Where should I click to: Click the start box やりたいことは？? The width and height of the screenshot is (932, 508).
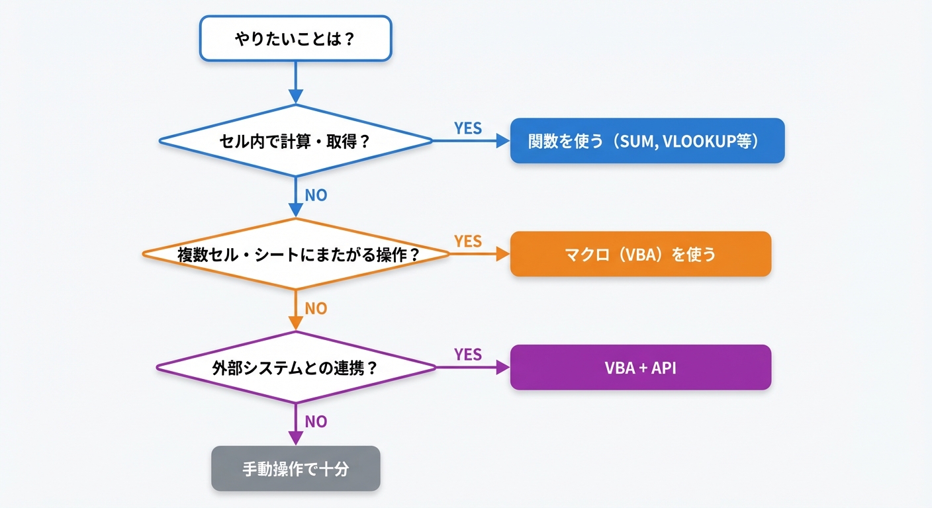[x=295, y=38]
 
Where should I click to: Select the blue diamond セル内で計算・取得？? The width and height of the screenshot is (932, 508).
[x=295, y=141]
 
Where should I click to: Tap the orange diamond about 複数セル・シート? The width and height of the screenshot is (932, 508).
[x=295, y=254]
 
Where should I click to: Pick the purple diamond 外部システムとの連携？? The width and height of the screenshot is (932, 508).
[x=295, y=367]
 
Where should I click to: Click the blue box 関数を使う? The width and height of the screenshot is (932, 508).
[x=647, y=141]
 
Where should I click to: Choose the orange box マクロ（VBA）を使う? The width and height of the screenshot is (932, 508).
[x=640, y=254]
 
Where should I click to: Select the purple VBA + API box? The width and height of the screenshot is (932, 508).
[x=640, y=367]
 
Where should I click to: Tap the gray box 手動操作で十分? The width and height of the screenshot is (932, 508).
[x=295, y=468]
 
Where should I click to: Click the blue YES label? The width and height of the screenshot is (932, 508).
[x=467, y=128]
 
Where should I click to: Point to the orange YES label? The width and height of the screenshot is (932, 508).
[x=467, y=241]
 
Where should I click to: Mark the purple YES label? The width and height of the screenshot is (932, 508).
[x=467, y=355]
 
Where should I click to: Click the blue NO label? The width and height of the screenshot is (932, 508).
[x=316, y=196]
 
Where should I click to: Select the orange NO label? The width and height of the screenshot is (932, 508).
[x=316, y=309]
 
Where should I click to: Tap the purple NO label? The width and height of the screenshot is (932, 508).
[x=316, y=422]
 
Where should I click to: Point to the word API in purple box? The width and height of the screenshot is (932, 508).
[x=663, y=368]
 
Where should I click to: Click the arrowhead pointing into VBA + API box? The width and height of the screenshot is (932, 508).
[x=503, y=367]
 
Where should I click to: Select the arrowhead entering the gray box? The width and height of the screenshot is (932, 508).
[x=295, y=439]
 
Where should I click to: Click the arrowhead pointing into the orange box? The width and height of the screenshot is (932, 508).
[x=503, y=254]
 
